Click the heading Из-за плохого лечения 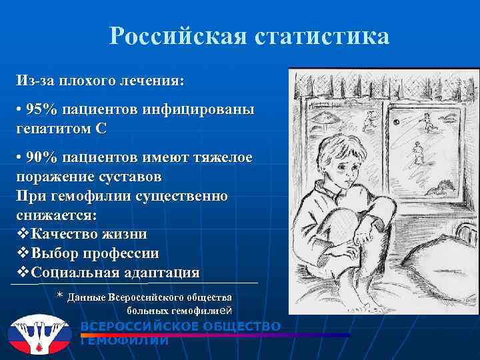tap(101, 81)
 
